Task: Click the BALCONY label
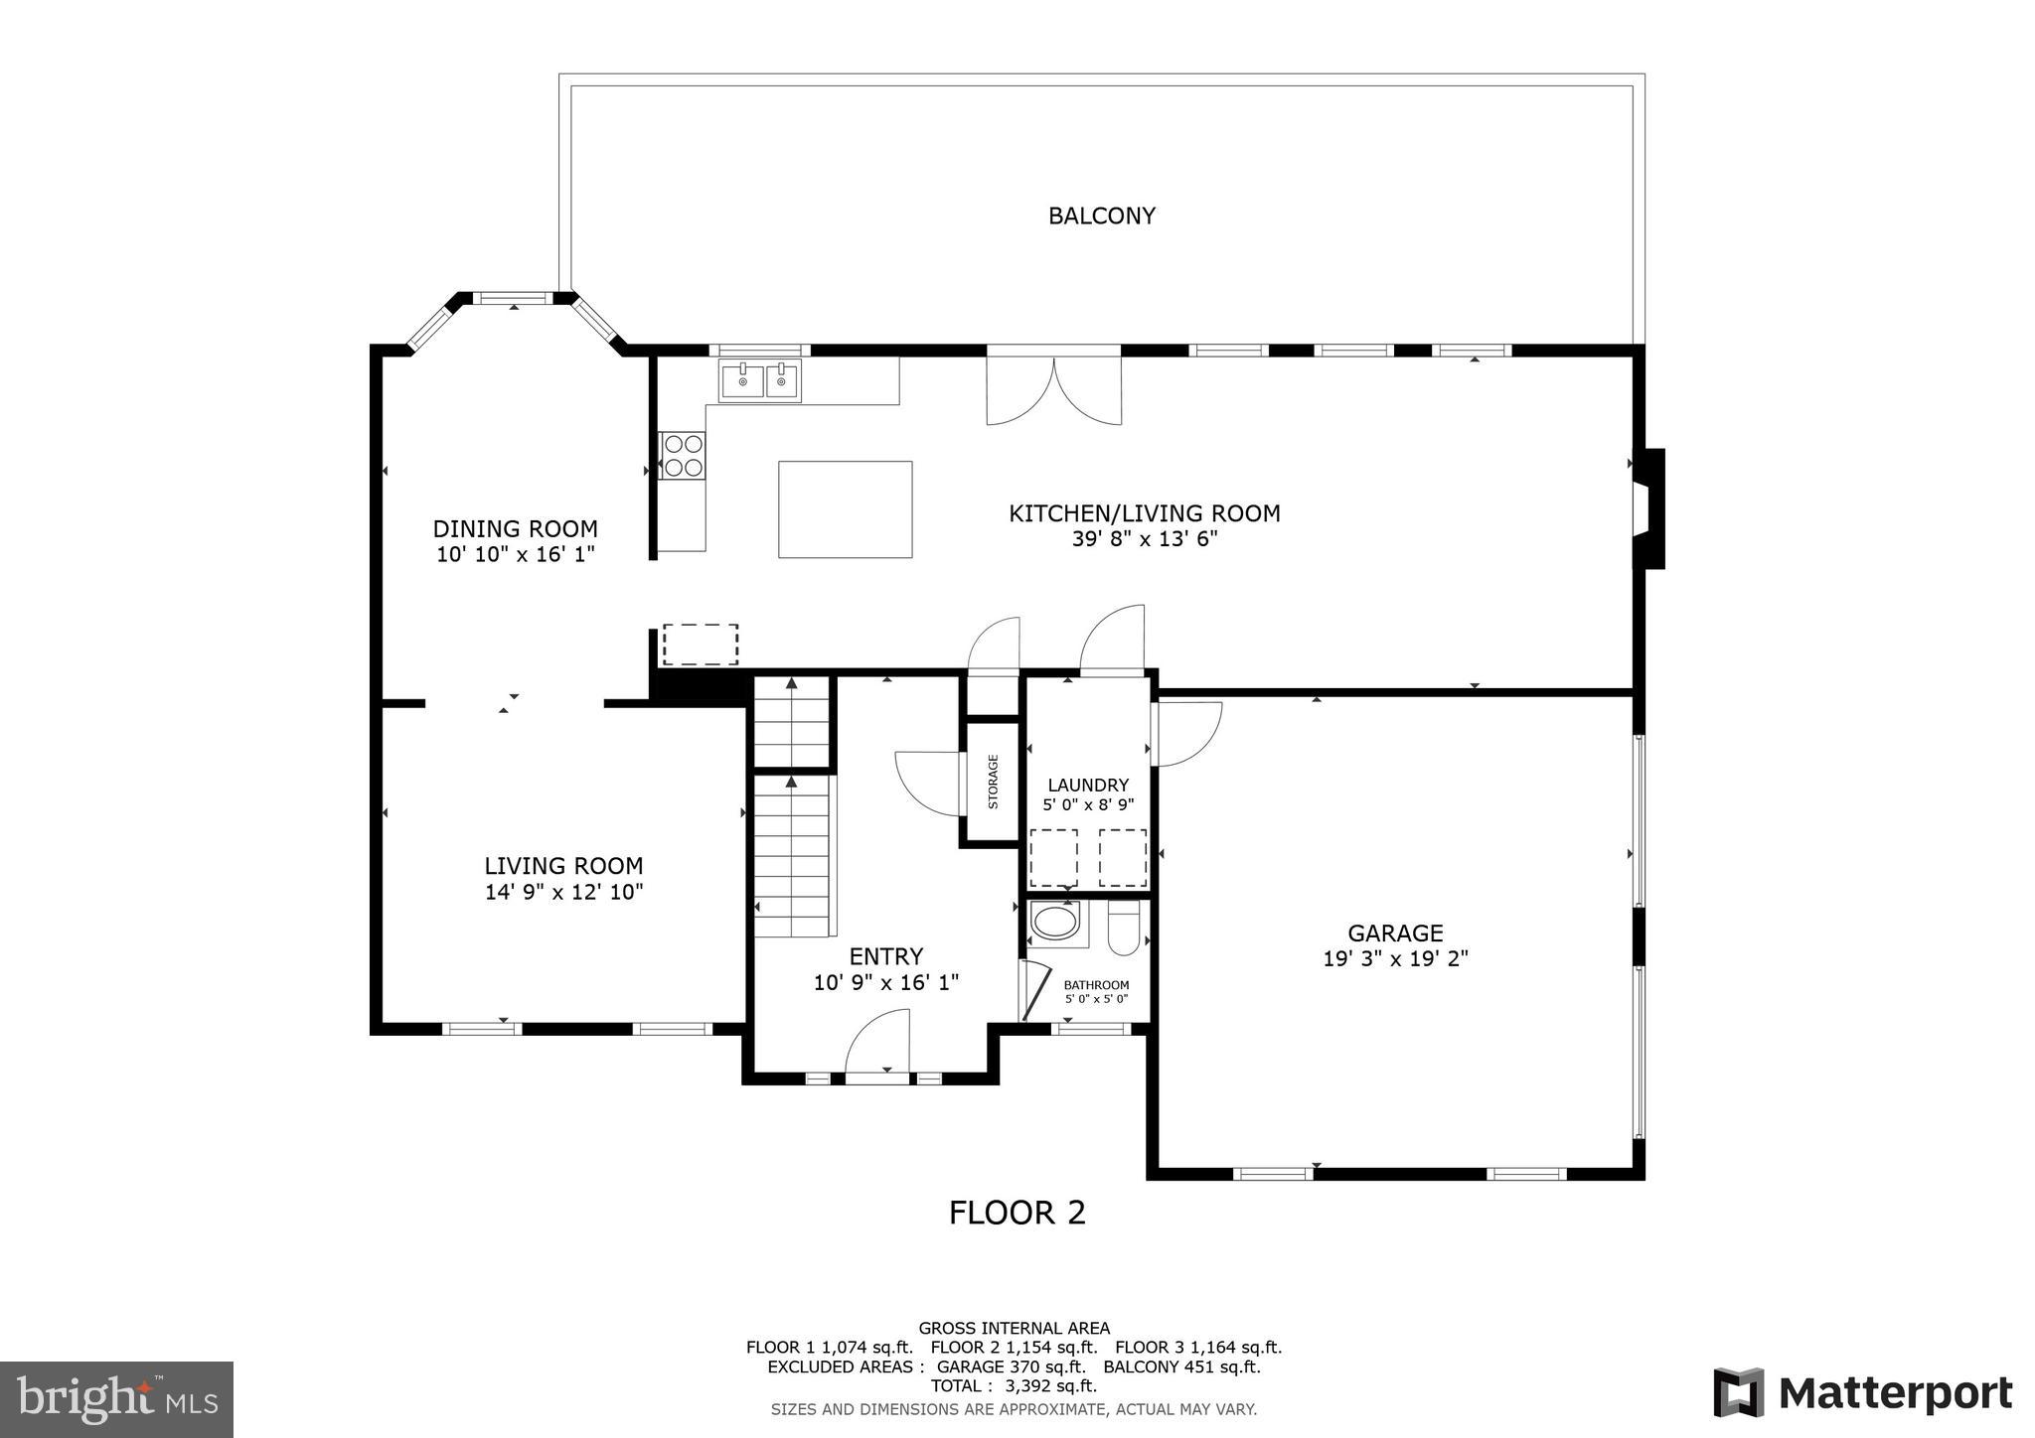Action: pos(1102,216)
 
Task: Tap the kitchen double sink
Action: pos(760,380)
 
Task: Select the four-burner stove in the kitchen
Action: pos(683,456)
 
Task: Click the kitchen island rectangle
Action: pos(845,508)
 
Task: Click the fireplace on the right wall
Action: pos(1648,508)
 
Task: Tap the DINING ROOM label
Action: pos(515,528)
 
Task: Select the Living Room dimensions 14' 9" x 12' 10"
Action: pos(563,892)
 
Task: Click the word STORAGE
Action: pos(993,782)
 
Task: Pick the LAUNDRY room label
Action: pos(1088,785)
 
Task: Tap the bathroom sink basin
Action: pos(1054,921)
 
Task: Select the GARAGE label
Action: pos(1395,933)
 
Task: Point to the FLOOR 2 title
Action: pos(1017,1213)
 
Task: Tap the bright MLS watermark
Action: pos(116,1399)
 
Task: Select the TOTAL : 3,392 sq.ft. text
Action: pos(1014,1385)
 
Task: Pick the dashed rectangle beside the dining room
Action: pos(701,644)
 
